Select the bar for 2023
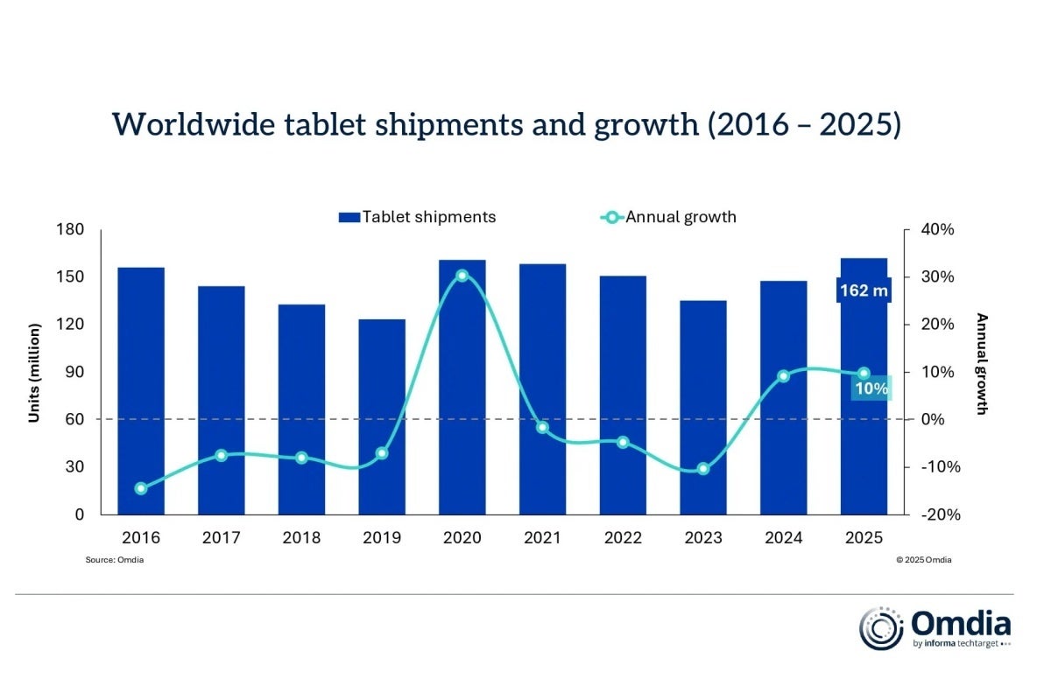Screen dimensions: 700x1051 tap(703, 407)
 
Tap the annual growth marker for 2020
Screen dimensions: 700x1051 tap(462, 276)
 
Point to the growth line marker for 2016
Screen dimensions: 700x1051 tap(141, 488)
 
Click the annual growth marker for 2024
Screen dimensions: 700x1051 tap(784, 376)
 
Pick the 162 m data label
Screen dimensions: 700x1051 tap(864, 290)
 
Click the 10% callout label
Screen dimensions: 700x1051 tap(871, 388)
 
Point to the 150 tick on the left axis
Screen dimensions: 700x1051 tap(71, 277)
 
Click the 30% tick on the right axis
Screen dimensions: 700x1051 tap(937, 277)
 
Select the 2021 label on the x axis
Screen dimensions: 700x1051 tap(542, 537)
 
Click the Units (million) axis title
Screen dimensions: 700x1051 tap(34, 372)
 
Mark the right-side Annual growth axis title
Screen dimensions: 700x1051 tap(982, 363)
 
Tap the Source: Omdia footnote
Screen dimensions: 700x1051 tap(115, 560)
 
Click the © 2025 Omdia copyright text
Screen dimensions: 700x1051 tap(923, 560)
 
